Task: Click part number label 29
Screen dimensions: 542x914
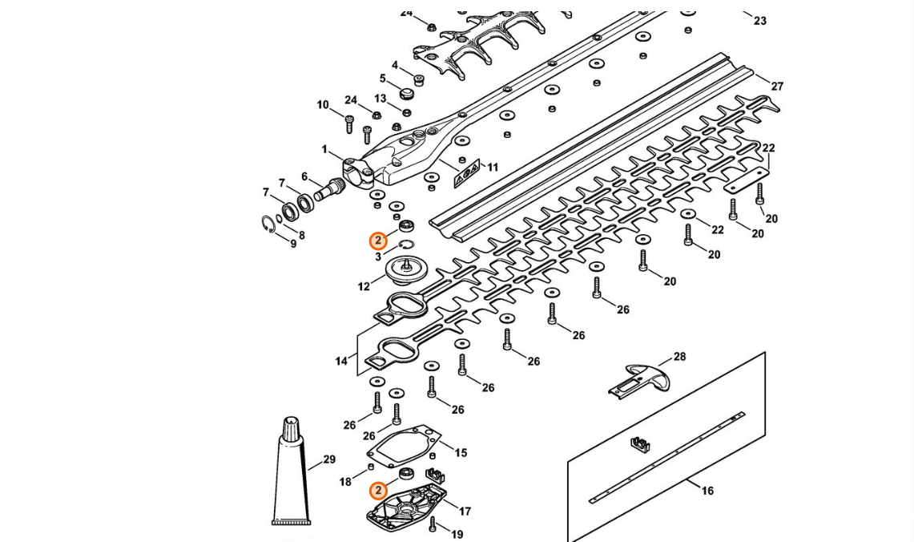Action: point(329,460)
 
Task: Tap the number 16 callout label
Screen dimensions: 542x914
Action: point(707,491)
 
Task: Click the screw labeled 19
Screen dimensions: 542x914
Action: point(433,524)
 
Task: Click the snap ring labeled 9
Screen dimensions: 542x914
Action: point(270,224)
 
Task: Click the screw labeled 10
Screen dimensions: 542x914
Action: point(349,123)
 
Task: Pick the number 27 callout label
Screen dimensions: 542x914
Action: point(776,86)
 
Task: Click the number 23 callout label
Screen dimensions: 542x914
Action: point(759,21)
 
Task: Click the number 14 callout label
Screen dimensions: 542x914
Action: point(341,362)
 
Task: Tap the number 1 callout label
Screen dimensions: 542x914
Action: point(324,150)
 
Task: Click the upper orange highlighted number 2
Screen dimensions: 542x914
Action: point(378,241)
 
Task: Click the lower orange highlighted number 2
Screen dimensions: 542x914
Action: point(378,490)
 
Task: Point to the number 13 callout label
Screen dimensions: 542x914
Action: point(380,99)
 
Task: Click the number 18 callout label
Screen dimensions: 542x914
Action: point(345,482)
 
